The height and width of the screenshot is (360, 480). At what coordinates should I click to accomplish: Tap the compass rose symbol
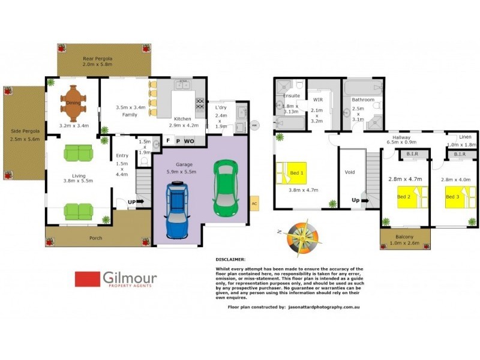[300, 236]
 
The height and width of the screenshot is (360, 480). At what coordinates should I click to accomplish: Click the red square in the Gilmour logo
[87, 279]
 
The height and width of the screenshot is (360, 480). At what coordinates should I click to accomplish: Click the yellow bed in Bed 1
[291, 173]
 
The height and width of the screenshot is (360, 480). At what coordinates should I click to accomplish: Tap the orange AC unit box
[254, 203]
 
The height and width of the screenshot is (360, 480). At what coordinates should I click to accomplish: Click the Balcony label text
[405, 236]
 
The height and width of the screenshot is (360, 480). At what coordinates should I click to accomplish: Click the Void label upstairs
[350, 172]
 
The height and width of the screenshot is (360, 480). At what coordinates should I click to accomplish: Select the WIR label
[317, 100]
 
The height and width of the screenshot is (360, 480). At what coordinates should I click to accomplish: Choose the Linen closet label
[461, 137]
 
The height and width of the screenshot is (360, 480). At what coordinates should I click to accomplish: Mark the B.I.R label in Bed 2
[412, 154]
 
